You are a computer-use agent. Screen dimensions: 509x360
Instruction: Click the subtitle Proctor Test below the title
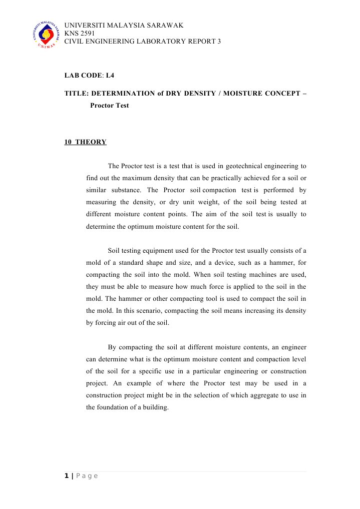(109, 106)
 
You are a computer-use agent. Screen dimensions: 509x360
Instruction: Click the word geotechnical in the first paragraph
(247, 166)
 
